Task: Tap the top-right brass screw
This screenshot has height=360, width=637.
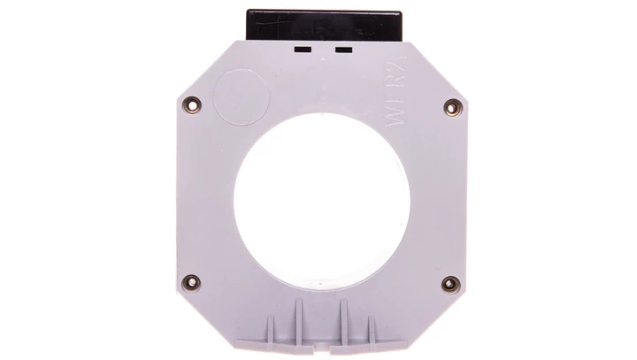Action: (x=449, y=106)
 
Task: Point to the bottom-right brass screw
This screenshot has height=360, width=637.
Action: (x=449, y=284)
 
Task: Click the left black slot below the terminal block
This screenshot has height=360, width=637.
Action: (x=303, y=50)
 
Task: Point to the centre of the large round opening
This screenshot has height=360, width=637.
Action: (x=318, y=195)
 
